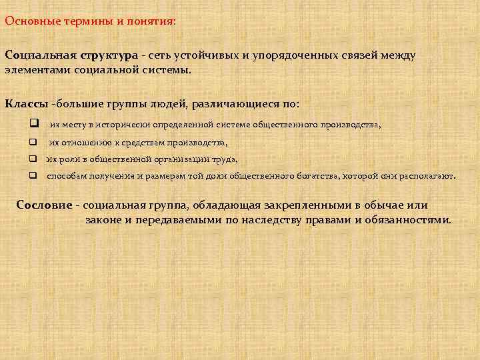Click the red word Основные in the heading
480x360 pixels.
(28, 20)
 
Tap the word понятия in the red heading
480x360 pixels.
(151, 21)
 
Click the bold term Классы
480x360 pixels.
(26, 104)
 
